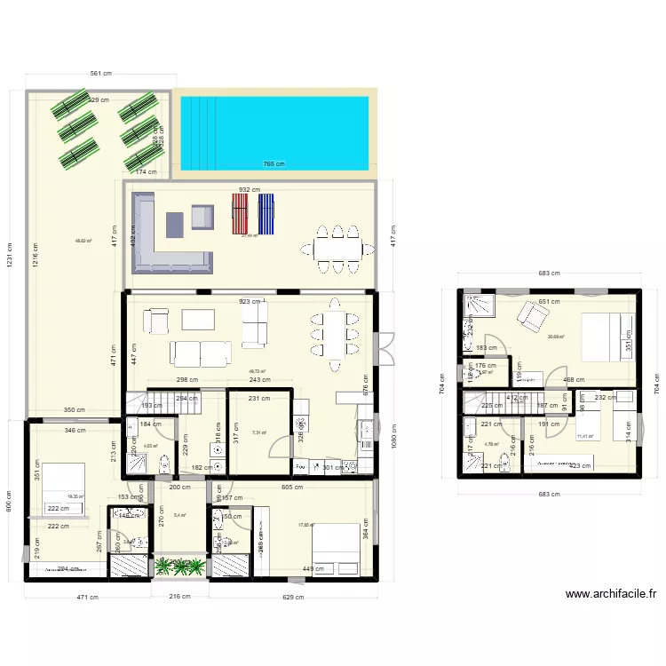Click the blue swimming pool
click(x=274, y=132)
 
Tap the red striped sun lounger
click(x=239, y=214)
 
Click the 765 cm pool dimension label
click(x=273, y=163)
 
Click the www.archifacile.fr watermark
click(x=610, y=594)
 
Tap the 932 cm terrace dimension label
click(x=249, y=189)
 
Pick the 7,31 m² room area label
click(x=258, y=432)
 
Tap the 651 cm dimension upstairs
click(x=550, y=301)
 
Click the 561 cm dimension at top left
click(x=99, y=75)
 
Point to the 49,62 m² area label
click(x=83, y=241)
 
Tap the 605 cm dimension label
click(x=290, y=488)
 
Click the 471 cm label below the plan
click(x=87, y=597)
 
